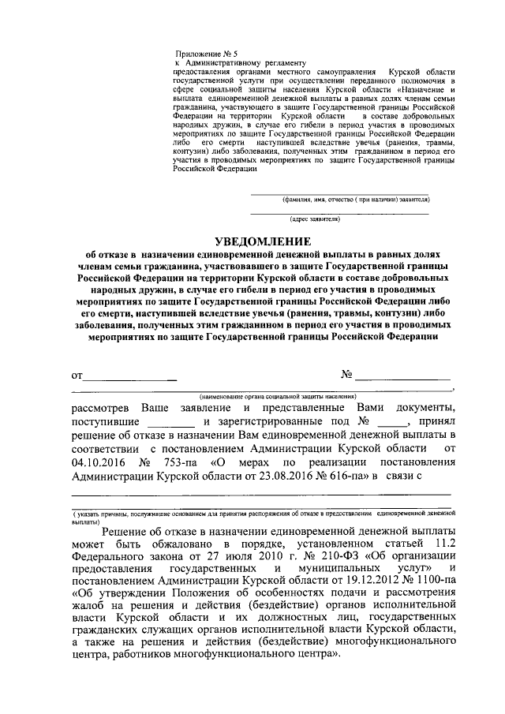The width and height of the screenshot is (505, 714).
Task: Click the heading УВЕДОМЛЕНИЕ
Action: (x=264, y=241)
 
